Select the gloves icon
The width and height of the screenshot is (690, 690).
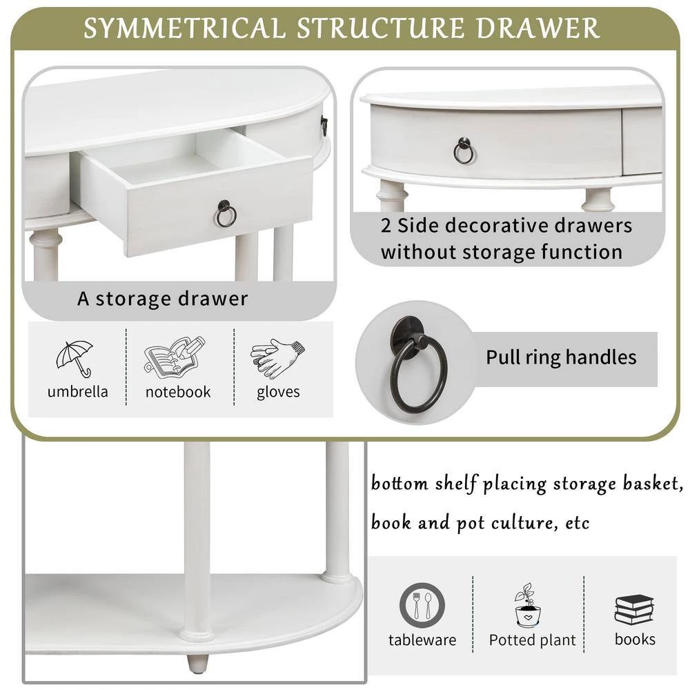click(277, 357)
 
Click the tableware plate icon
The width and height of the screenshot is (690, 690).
click(422, 606)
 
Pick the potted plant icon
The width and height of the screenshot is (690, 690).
click(527, 605)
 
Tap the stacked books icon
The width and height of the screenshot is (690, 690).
click(634, 609)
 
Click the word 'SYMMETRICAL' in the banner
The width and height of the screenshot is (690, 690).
click(185, 28)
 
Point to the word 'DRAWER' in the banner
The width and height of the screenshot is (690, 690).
click(538, 28)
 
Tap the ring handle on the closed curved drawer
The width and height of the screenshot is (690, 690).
click(464, 153)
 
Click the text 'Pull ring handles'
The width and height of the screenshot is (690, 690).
click(561, 357)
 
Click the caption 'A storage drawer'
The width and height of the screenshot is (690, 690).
click(162, 299)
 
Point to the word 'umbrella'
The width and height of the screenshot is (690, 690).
click(77, 391)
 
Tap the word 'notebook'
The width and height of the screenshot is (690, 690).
click(178, 392)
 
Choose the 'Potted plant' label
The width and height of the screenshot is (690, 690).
click(532, 640)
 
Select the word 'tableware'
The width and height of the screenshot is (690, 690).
click(422, 640)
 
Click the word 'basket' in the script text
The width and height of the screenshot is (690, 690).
click(653, 484)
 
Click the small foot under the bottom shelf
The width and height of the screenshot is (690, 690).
click(197, 662)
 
